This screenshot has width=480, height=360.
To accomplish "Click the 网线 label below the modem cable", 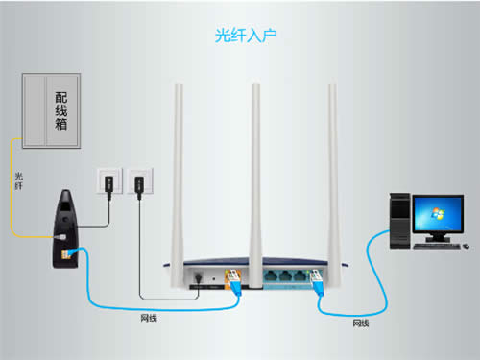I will [150, 316].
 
